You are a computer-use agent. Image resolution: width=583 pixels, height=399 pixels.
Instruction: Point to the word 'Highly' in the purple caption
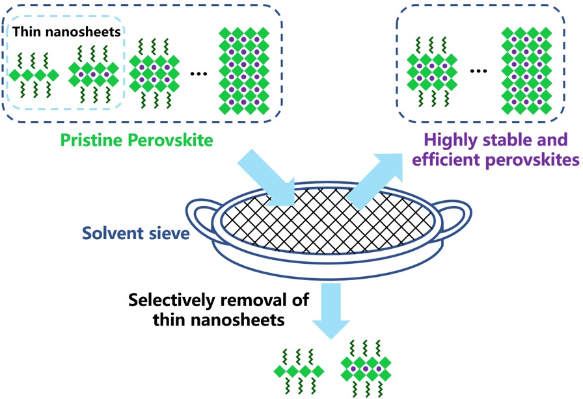click(x=448, y=139)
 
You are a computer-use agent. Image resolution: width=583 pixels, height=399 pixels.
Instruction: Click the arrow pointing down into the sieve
click(x=266, y=178)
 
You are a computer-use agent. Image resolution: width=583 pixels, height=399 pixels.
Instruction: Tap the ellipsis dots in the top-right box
click(x=478, y=71)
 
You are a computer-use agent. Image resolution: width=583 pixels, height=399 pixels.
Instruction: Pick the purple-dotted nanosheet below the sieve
click(x=366, y=370)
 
